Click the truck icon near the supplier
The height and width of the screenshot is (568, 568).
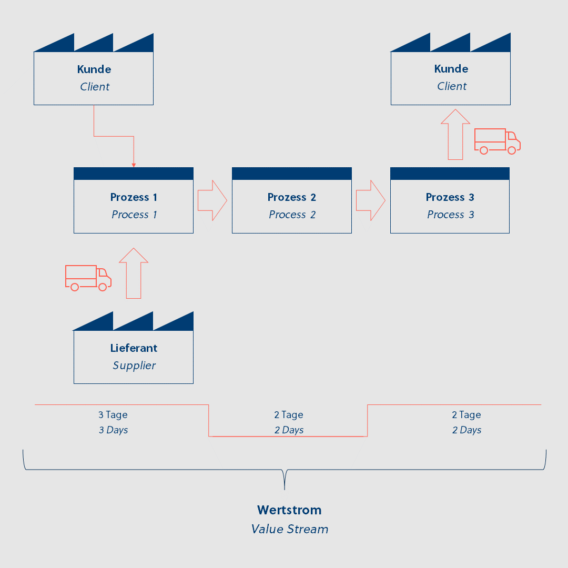click(88, 278)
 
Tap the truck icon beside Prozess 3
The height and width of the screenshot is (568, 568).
click(498, 141)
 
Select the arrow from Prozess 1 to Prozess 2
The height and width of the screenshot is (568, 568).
click(212, 200)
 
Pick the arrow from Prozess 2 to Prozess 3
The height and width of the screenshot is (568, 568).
click(371, 200)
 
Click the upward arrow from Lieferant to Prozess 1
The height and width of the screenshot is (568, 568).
click(134, 273)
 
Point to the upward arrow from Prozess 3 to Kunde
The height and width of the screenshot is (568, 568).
click(455, 135)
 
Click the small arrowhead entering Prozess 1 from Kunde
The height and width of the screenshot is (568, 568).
click(134, 165)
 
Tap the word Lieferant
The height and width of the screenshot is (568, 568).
click(134, 348)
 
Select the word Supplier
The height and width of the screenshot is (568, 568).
click(134, 366)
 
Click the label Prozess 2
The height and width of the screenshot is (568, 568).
click(291, 197)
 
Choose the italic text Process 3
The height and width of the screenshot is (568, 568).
click(450, 215)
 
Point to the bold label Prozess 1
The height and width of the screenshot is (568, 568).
click(134, 197)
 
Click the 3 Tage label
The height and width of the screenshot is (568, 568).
click(113, 415)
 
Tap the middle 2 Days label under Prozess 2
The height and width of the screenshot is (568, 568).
click(289, 430)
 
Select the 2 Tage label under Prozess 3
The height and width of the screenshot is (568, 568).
click(466, 415)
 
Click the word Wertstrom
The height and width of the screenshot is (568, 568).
click(289, 510)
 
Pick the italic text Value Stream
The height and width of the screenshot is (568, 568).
click(289, 529)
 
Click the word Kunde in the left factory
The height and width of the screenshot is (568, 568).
click(94, 69)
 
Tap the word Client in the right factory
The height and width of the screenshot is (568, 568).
click(451, 86)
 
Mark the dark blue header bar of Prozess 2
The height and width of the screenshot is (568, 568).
click(291, 174)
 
